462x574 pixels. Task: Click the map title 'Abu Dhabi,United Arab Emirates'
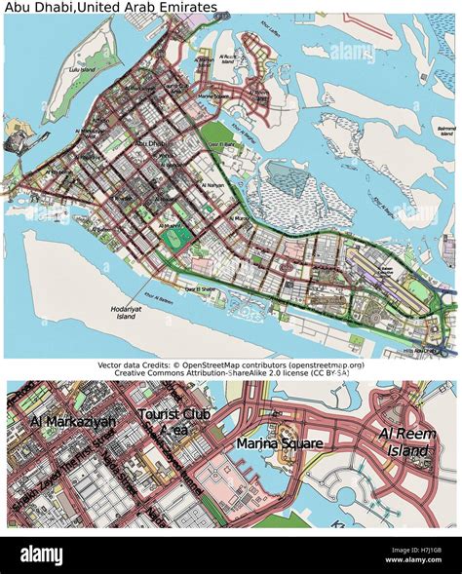pos(109,7)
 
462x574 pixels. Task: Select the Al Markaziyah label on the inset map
pos(73,421)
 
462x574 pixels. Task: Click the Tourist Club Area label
pos(176,421)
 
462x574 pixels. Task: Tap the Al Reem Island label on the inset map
pos(404,441)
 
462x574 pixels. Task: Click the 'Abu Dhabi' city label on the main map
pos(150,144)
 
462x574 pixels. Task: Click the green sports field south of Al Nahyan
pos(175,236)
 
